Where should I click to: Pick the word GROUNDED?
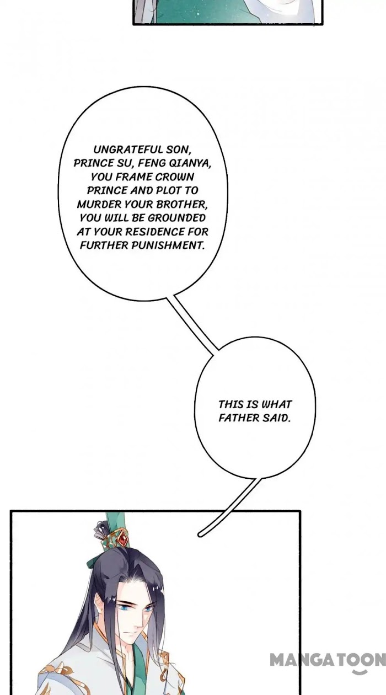176,218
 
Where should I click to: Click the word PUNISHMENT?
168,245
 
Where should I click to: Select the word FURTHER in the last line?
105,245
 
